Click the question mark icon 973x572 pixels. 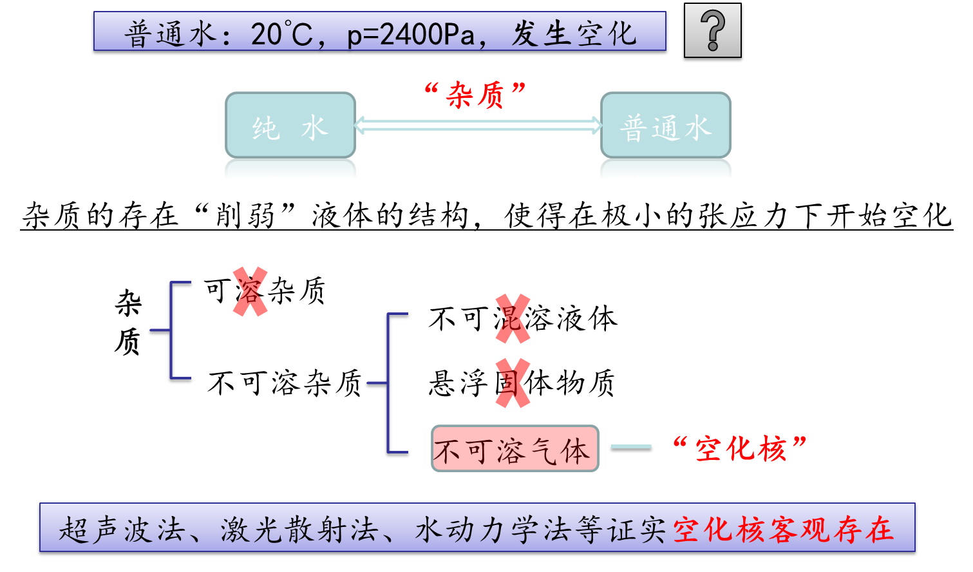pos(712,30)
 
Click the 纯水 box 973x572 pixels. pos(290,126)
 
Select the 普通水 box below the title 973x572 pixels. pos(665,126)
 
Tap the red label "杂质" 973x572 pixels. pos(475,95)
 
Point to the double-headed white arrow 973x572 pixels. pos(478,125)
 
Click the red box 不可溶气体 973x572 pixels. pos(515,449)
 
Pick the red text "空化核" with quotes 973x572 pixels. pos(739,448)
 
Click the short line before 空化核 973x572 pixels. pos(630,446)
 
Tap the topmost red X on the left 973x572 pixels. pos(250,292)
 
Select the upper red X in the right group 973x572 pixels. pos(513,318)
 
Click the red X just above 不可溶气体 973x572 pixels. pos(513,383)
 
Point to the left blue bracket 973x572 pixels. pos(172,330)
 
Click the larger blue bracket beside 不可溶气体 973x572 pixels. pos(388,383)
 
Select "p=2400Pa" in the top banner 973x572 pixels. pos(410,33)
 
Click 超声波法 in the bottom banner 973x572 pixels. pos(120,529)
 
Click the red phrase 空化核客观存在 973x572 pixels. pos(783,529)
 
